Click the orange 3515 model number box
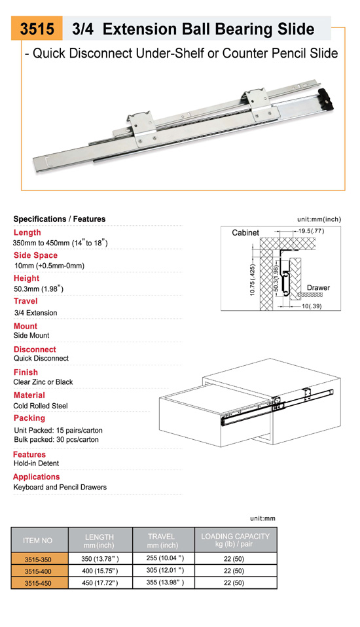click(37, 28)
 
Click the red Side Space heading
click(35, 255)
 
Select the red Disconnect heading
click(35, 349)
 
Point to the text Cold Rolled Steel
click(41, 406)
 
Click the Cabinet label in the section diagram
click(245, 233)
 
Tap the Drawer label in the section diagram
click(318, 287)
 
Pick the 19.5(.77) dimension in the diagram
click(311, 231)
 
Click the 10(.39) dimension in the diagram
click(311, 306)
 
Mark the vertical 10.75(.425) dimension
click(253, 280)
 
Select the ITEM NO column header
click(37, 540)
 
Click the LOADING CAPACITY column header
click(235, 540)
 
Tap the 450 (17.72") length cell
click(100, 583)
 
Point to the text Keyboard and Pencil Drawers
click(60, 487)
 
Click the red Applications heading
click(37, 476)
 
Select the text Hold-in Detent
click(37, 463)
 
